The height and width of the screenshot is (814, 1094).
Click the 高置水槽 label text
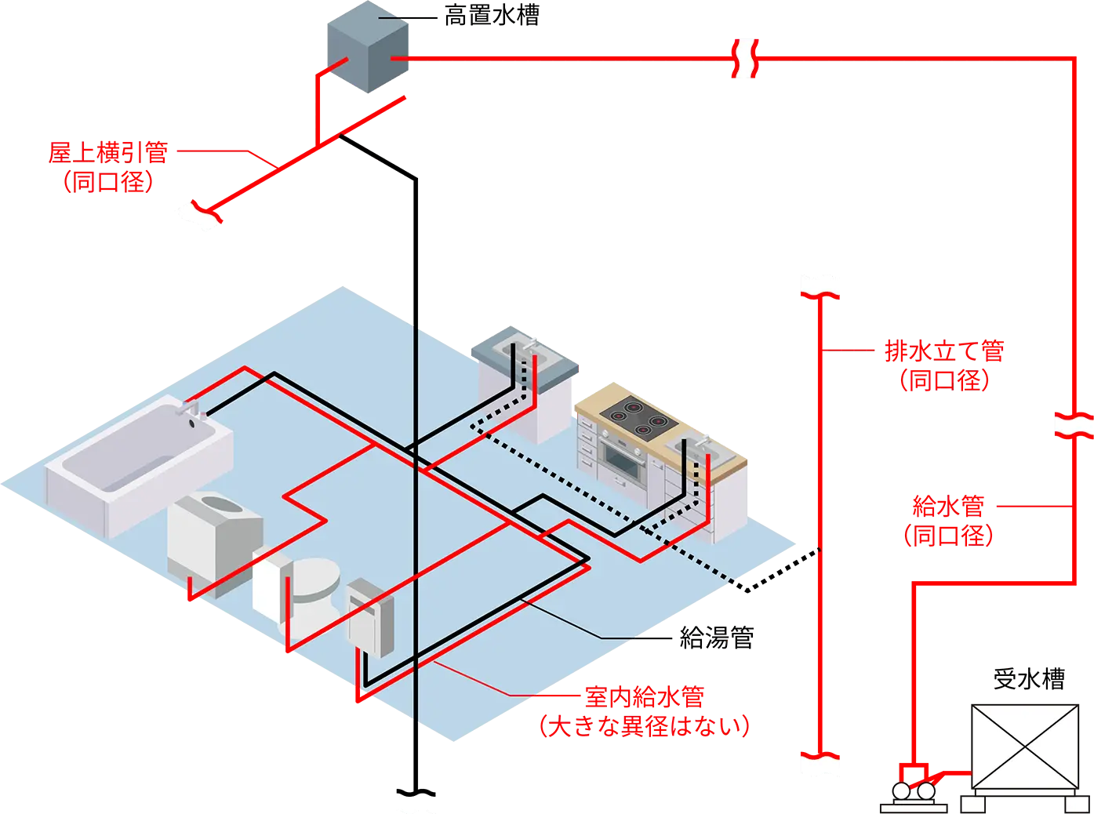(x=492, y=16)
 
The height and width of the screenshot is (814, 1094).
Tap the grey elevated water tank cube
(x=368, y=47)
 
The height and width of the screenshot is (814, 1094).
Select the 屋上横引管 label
(x=108, y=152)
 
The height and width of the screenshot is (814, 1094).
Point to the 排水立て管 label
(x=944, y=351)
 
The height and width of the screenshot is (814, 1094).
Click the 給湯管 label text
(x=717, y=638)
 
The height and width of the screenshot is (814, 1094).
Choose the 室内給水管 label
(x=645, y=696)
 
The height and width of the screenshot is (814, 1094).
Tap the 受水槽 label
(x=1029, y=678)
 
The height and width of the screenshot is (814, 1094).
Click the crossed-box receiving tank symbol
(x=1025, y=747)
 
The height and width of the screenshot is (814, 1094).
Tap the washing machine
(x=215, y=543)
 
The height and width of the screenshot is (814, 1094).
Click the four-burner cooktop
(x=637, y=418)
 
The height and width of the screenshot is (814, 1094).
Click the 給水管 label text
(x=948, y=506)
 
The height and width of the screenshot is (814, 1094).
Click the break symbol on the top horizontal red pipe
(x=744, y=58)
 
